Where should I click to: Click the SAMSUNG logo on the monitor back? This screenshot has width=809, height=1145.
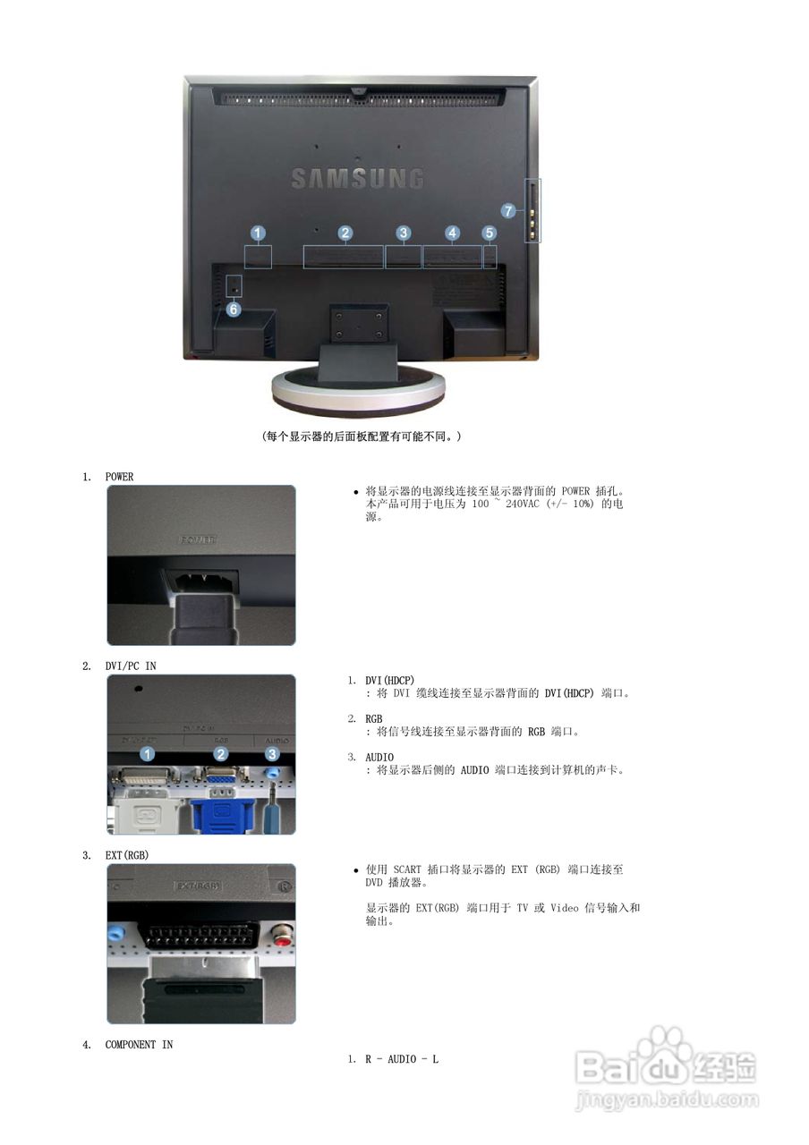click(356, 177)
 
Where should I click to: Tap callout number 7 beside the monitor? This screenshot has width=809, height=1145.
click(508, 211)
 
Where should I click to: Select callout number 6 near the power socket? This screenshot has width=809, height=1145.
click(233, 310)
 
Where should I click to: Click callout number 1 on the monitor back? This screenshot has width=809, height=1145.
click(258, 233)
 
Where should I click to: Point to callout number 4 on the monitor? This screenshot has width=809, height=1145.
click(452, 233)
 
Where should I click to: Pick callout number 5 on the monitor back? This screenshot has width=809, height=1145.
click(489, 233)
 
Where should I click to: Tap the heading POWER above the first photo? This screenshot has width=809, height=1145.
click(119, 477)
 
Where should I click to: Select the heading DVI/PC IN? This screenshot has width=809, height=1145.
click(131, 666)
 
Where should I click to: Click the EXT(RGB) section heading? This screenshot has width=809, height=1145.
click(127, 855)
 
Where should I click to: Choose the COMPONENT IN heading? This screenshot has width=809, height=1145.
click(139, 1045)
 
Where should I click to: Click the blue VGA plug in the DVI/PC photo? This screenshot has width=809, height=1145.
click(221, 810)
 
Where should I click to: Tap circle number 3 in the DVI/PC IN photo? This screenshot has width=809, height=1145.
click(272, 755)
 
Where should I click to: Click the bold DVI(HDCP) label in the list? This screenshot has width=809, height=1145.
click(389, 681)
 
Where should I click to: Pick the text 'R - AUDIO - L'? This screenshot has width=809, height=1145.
click(401, 1059)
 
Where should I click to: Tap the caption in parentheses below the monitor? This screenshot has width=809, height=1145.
click(362, 437)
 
